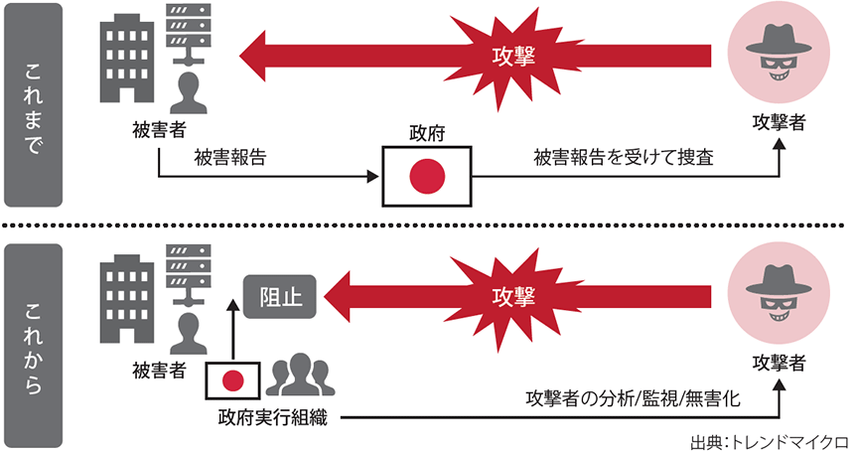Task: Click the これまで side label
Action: tap(36, 104)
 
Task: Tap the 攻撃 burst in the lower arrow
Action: tap(513, 296)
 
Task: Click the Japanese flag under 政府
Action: tap(426, 176)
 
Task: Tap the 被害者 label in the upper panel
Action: tap(159, 129)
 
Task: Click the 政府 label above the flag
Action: tap(426, 133)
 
